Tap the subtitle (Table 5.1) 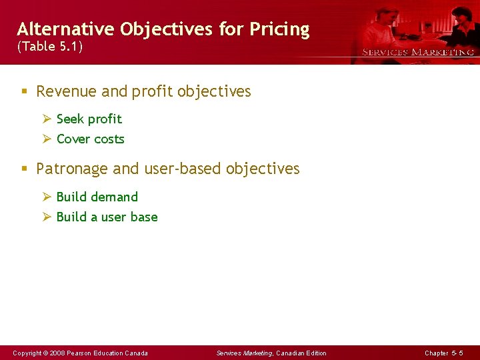click(50, 47)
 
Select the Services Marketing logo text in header click(418, 52)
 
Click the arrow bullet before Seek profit click(47, 119)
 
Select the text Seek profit click(89, 119)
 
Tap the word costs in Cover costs click(109, 139)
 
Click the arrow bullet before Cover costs click(47, 139)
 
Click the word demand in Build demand click(114, 197)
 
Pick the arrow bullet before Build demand click(47, 197)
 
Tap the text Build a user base click(107, 217)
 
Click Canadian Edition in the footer click(301, 353)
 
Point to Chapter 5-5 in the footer click(443, 353)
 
